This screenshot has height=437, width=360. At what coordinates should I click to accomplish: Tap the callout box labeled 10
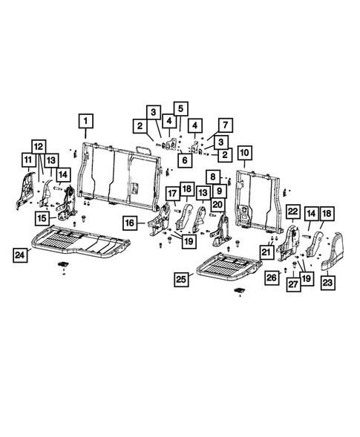(244, 155)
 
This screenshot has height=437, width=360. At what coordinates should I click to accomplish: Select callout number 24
(23, 254)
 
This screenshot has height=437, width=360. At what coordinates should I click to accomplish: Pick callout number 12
(38, 146)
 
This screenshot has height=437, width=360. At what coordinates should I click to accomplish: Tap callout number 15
(43, 218)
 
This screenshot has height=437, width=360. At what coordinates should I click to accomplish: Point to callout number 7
(223, 124)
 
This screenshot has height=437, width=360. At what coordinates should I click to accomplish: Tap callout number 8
(213, 177)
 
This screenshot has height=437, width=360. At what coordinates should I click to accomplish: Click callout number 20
(218, 204)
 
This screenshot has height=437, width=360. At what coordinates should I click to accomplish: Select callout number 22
(292, 212)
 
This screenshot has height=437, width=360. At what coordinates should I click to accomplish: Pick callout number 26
(271, 277)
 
